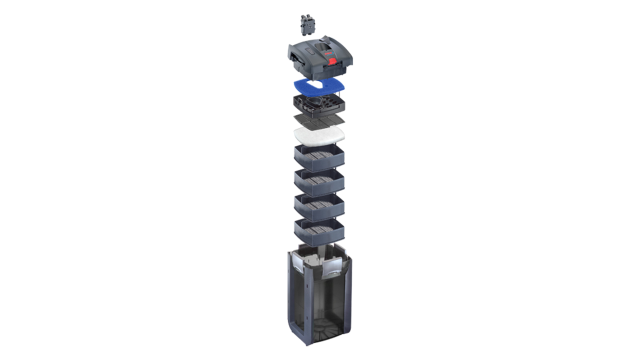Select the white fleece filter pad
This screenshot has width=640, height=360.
coord(319,134)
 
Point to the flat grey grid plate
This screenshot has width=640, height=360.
coord(319,119)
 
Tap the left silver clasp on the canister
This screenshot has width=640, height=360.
coord(298,264)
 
